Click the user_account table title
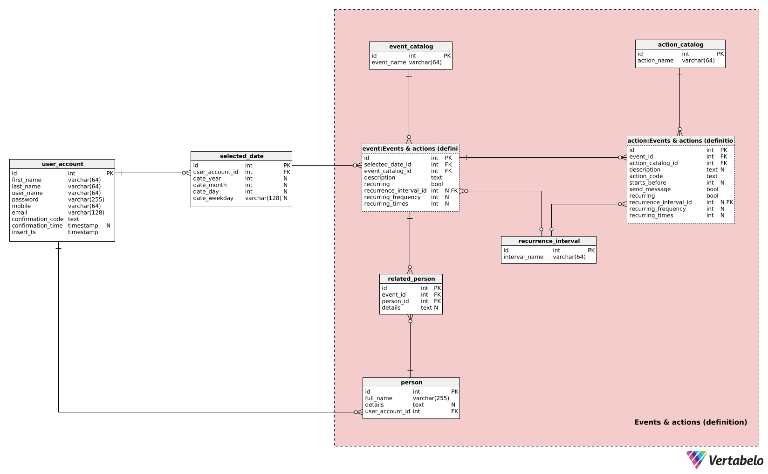62,164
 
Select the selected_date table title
241,156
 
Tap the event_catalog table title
411,47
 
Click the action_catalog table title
680,45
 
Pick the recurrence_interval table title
549,241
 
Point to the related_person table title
411,279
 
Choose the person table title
411,383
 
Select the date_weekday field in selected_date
213,198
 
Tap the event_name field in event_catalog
389,63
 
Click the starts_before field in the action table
647,183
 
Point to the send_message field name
650,189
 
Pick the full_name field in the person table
378,398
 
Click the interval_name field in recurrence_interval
523,257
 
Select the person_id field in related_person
395,301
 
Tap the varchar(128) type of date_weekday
263,198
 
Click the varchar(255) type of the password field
86,200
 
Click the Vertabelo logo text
736,461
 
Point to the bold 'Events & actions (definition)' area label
690,422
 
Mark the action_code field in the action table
646,176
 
